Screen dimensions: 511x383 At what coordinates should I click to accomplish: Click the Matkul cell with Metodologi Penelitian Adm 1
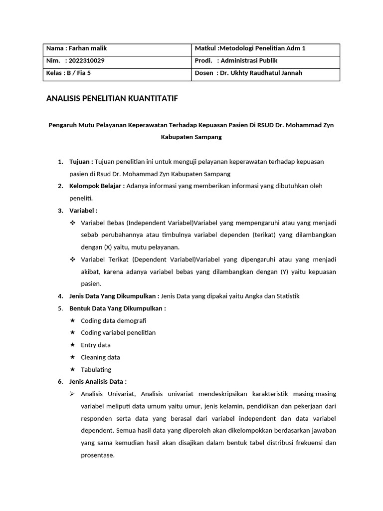[249, 48]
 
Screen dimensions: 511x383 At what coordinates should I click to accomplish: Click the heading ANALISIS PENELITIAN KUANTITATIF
[112, 99]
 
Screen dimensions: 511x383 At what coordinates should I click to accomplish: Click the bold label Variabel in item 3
[83, 210]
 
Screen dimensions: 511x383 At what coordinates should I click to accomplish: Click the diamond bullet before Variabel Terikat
[73, 259]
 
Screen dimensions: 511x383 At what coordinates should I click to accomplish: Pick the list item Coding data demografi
[114, 320]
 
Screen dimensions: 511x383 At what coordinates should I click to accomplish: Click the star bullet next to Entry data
[73, 345]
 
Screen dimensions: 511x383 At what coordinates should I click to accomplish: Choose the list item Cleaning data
[100, 357]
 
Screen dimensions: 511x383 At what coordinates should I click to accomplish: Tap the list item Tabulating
[96, 370]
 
